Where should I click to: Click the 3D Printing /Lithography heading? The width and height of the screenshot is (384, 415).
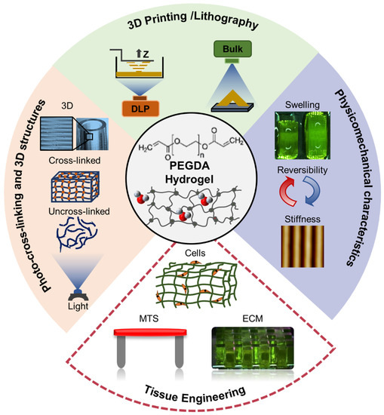192,25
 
